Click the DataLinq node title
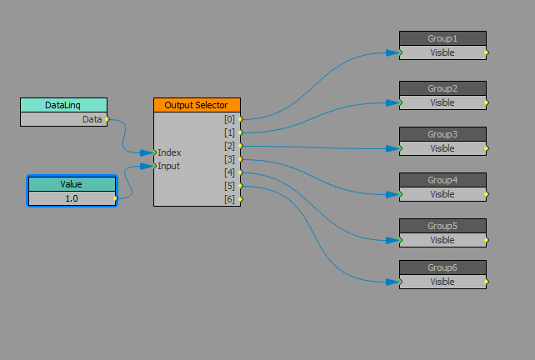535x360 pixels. click(63, 105)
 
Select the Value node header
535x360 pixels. click(71, 184)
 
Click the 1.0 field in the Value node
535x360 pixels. click(71, 198)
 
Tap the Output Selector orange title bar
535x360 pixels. click(197, 105)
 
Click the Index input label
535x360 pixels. click(169, 152)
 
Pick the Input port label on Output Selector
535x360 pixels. click(169, 166)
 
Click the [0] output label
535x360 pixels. click(229, 119)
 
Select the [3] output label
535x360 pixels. click(229, 159)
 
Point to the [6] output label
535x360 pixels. click(229, 199)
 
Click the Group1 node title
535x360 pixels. click(442, 38)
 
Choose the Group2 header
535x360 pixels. click(442, 88)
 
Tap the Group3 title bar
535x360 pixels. click(442, 134)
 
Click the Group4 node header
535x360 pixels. click(442, 180)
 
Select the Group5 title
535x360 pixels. click(442, 226)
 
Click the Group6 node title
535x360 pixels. click(442, 267)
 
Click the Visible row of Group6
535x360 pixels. click(442, 282)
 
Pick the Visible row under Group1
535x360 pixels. click(442, 52)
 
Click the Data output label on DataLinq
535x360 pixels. click(92, 119)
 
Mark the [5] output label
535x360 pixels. click(229, 186)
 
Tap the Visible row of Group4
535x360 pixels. click(442, 194)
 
